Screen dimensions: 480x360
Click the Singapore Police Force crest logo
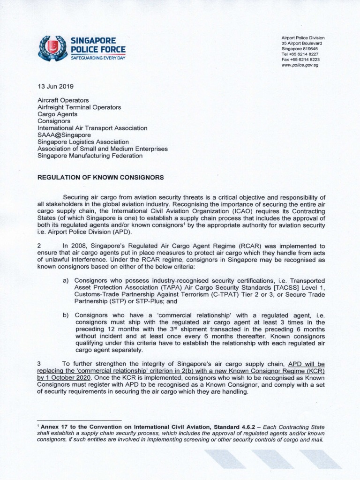pyautogui.click(x=52, y=48)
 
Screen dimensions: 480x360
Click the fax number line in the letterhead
pyautogui.click(x=300, y=60)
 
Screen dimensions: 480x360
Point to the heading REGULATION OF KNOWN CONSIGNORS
pyautogui.click(x=100, y=178)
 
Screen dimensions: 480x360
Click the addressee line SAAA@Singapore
pyautogui.click(x=64, y=135)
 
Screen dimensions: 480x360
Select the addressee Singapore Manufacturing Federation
pyautogui.click(x=90, y=156)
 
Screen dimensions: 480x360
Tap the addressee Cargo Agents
pyautogui.click(x=57, y=114)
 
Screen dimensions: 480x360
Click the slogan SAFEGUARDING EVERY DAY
pyautogui.click(x=98, y=58)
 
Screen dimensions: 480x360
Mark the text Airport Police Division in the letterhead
pyautogui.click(x=303, y=37)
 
